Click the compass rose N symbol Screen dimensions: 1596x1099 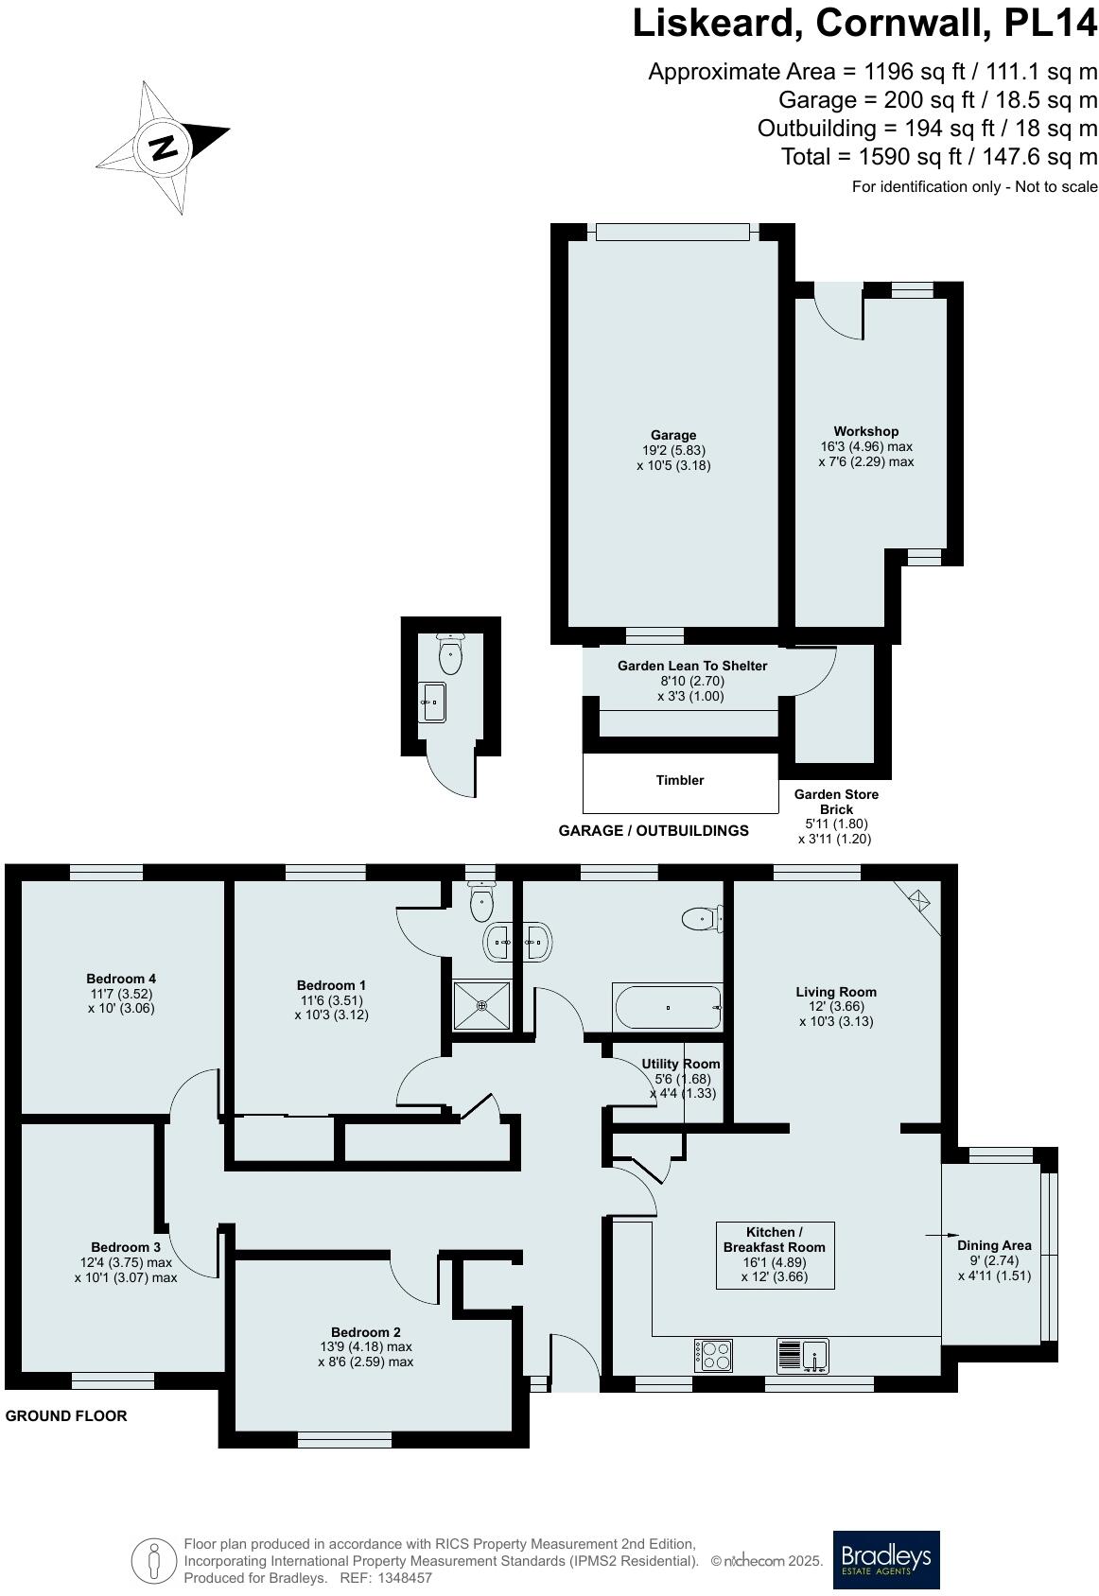(165, 147)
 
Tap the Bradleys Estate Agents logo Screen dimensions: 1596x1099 (885, 1559)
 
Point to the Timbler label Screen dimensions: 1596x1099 (680, 780)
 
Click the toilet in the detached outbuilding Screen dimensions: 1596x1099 (450, 655)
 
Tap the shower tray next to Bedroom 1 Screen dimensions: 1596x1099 (482, 1006)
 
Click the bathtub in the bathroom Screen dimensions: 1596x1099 (668, 1008)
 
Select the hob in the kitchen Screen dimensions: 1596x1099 (713, 1356)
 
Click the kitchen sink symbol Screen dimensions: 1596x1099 (803, 1356)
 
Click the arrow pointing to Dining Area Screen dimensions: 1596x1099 (935, 1235)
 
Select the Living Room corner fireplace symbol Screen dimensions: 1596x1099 (918, 899)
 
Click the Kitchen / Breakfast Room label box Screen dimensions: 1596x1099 (774, 1255)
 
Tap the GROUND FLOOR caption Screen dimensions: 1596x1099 (66, 1415)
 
